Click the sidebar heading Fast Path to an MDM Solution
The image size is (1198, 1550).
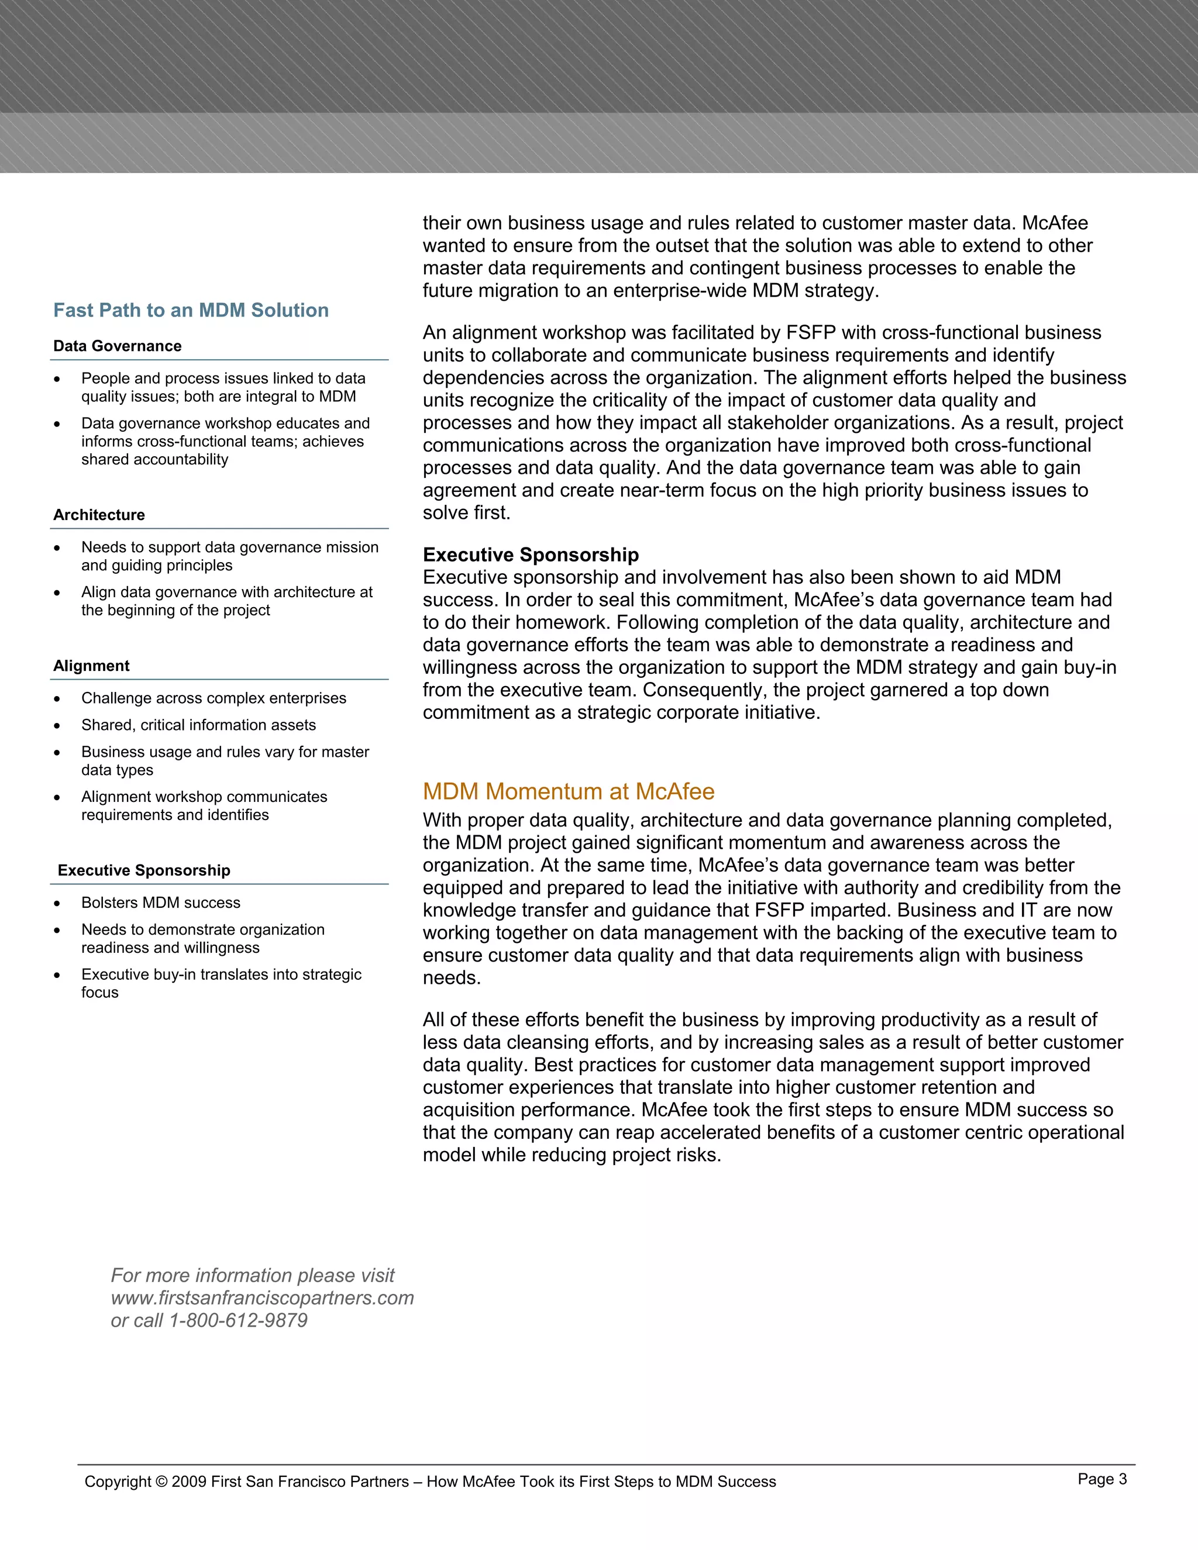[191, 310]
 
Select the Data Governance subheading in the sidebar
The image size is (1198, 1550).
[117, 346]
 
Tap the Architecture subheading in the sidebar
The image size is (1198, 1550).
[99, 515]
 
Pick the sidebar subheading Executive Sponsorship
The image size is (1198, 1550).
[144, 870]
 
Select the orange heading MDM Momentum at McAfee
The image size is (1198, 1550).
[569, 791]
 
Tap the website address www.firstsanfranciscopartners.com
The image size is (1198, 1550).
[262, 1297]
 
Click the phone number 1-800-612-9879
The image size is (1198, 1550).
[237, 1320]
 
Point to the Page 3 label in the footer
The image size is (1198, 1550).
[1101, 1479]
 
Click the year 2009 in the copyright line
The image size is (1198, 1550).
[189, 1482]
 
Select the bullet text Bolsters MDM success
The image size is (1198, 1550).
[160, 903]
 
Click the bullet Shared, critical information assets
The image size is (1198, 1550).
[198, 725]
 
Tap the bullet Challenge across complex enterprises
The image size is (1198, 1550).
[213, 698]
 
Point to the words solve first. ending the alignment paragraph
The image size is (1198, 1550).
[466, 512]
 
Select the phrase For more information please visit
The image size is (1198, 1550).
[252, 1275]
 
